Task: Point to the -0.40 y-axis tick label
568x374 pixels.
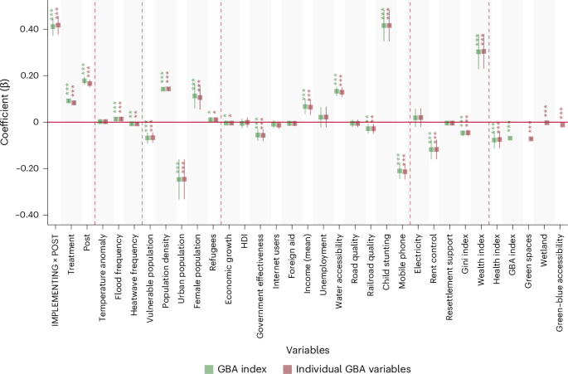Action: click(x=27, y=215)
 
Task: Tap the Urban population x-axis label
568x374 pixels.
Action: click(x=181, y=260)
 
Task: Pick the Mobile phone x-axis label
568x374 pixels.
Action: click(x=403, y=254)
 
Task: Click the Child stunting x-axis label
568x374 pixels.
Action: click(x=386, y=255)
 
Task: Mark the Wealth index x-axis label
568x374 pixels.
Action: click(x=482, y=253)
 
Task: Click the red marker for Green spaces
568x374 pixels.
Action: click(x=531, y=138)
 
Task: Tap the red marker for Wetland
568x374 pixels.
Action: click(x=546, y=123)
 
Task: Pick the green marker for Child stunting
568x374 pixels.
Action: click(x=383, y=26)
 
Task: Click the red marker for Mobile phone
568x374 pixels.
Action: click(x=405, y=172)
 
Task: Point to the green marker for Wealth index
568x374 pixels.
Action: click(x=478, y=52)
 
